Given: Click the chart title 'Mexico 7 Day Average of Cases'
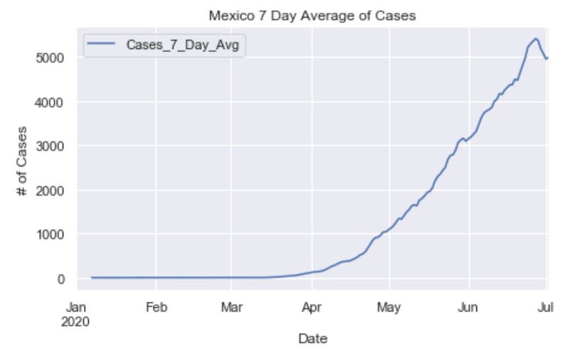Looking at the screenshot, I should tap(312, 15).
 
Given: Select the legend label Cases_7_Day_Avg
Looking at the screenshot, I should tap(182, 46).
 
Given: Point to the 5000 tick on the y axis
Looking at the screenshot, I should tap(51, 58).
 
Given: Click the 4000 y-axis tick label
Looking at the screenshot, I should tap(51, 102).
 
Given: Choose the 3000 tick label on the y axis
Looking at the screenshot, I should tap(51, 146).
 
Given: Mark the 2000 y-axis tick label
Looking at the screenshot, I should tap(51, 190).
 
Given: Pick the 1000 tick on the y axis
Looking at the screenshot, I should tap(51, 234).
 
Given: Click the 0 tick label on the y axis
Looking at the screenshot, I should tap(62, 279).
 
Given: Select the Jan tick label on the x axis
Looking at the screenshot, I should tap(76, 308).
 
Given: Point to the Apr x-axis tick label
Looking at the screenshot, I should tap(311, 308).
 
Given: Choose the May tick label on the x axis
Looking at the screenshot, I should tap(389, 308).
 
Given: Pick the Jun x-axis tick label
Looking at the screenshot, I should tap(468, 308).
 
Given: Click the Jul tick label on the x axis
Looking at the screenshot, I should tap(545, 308).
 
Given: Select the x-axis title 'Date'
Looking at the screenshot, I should tap(312, 339).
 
